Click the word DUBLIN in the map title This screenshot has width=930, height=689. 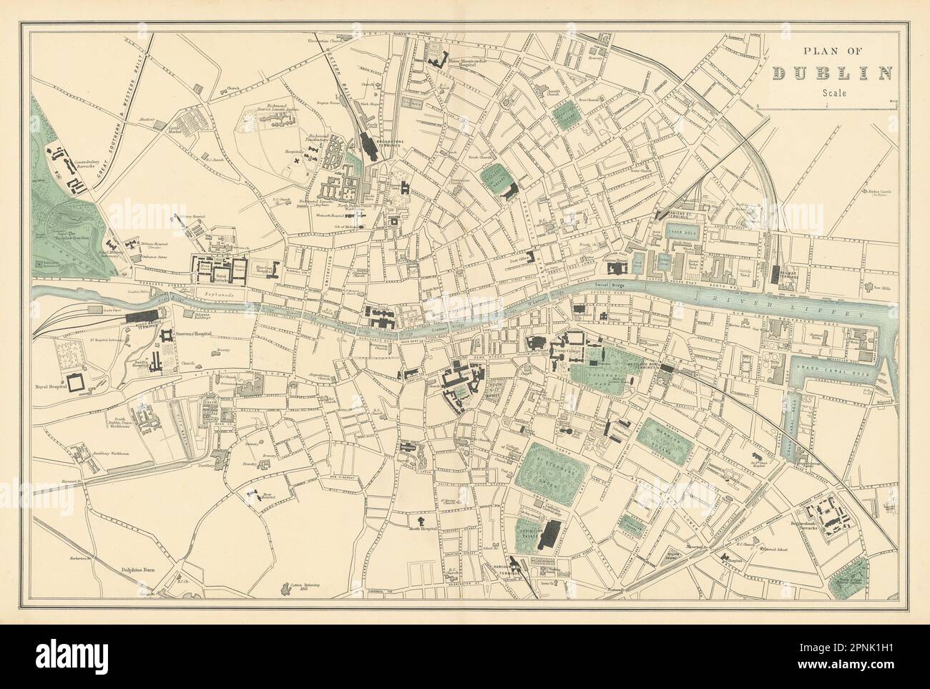click(833, 72)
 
